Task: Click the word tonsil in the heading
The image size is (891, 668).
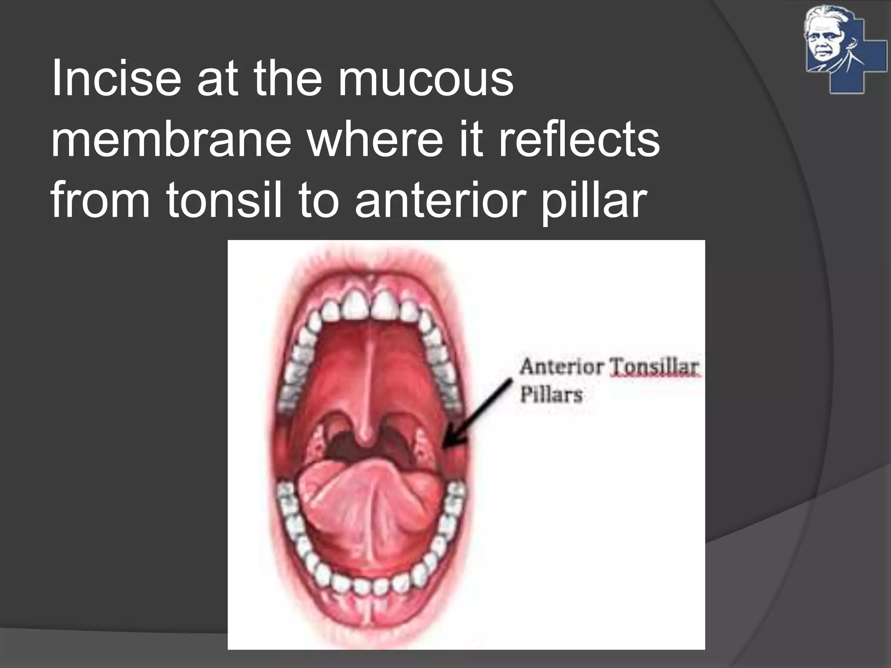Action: click(224, 200)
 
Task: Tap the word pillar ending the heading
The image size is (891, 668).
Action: click(592, 200)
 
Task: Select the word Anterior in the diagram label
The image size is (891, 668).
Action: click(561, 367)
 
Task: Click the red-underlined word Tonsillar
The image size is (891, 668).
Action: click(655, 367)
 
